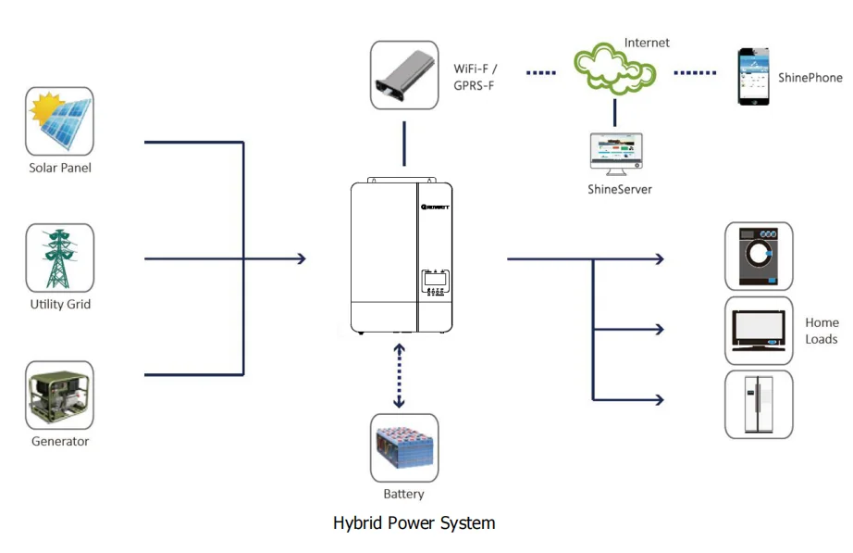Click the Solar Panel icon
click(59, 121)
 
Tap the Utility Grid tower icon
click(59, 258)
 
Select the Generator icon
click(59, 395)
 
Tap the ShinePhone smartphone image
click(753, 77)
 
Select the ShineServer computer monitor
click(616, 154)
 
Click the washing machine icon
click(759, 256)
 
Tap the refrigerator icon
click(759, 404)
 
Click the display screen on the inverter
click(435, 277)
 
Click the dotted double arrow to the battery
click(400, 375)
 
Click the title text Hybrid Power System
click(414, 523)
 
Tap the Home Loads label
click(822, 331)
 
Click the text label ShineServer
click(620, 189)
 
